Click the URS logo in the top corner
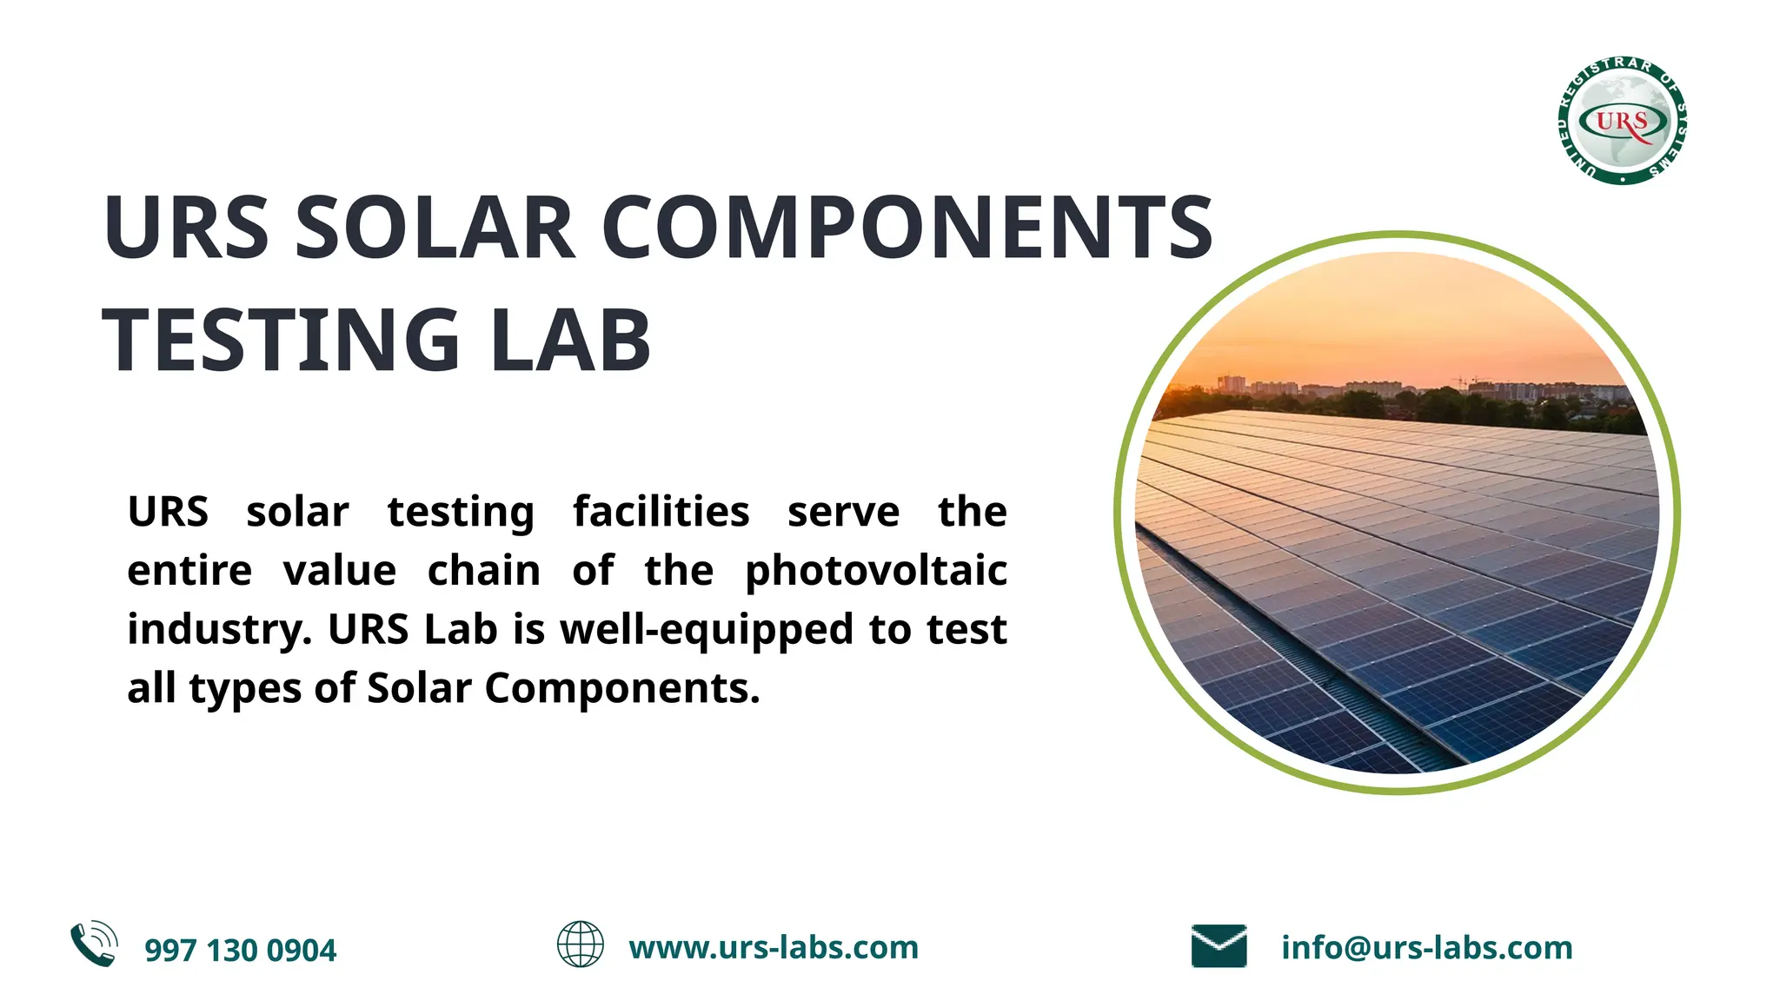[x=1622, y=120]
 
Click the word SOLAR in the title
[x=435, y=228]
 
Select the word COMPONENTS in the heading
[x=907, y=228]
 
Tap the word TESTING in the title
[x=281, y=341]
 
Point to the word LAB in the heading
[x=570, y=341]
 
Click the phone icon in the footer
[x=94, y=945]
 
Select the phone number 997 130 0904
[x=240, y=951]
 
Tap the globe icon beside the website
[x=580, y=945]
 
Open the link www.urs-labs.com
[x=774, y=948]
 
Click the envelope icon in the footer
[x=1219, y=946]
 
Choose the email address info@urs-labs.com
[x=1426, y=948]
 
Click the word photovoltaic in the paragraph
[x=876, y=572]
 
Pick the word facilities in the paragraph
[x=661, y=512]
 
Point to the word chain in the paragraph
[x=483, y=572]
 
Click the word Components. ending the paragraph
[x=622, y=689]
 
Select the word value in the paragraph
[x=340, y=572]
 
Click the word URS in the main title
[x=186, y=228]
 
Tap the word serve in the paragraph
[x=843, y=512]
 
